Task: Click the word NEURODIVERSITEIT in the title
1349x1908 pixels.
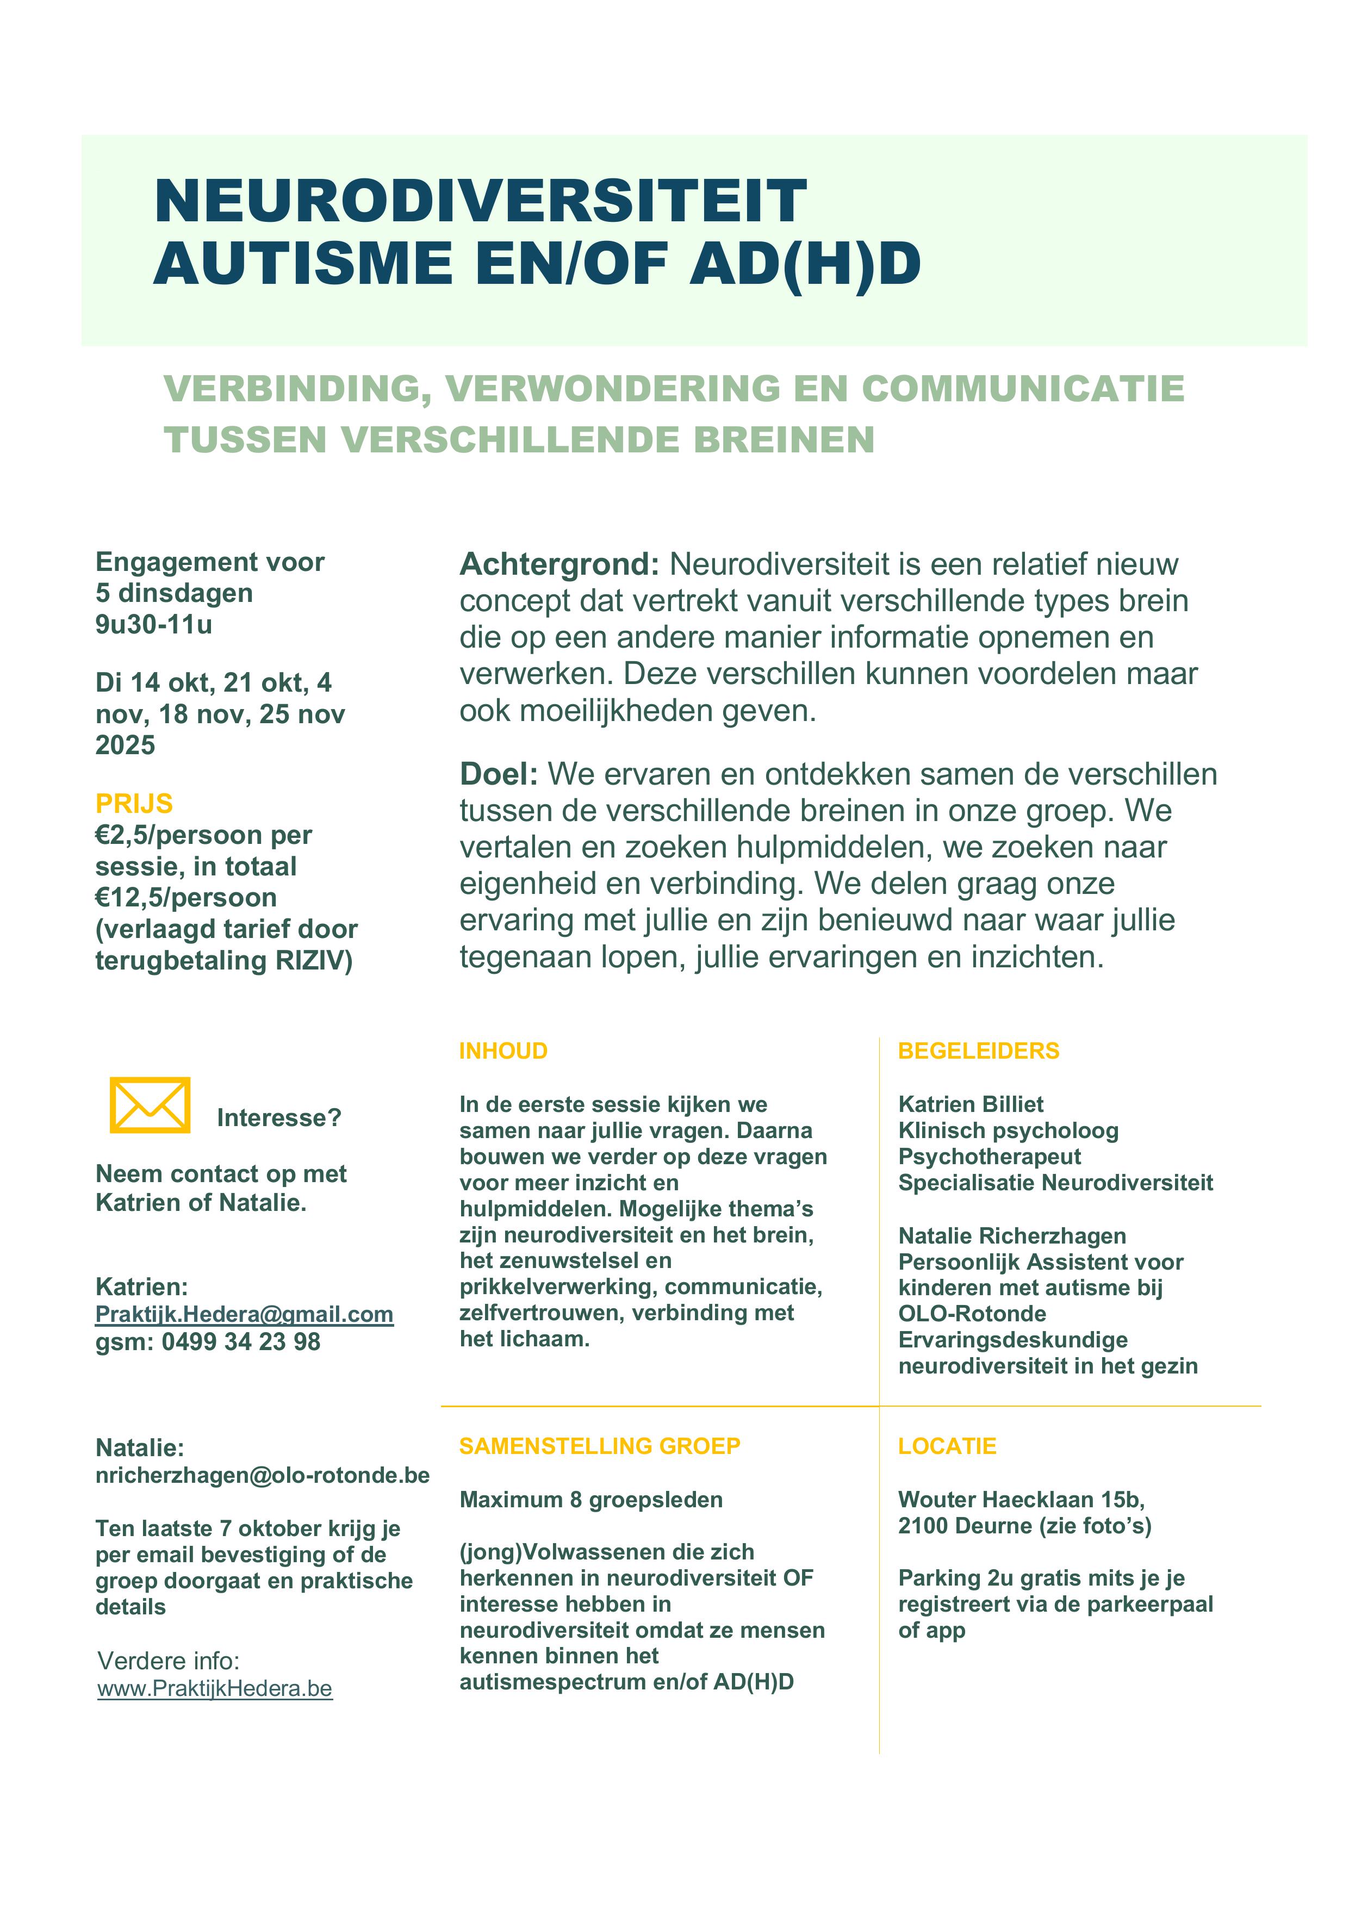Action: (481, 201)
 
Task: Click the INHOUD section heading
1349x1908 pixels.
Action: (503, 1051)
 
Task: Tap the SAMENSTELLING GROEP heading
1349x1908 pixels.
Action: (599, 1446)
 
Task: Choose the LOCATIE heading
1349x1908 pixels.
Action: (947, 1446)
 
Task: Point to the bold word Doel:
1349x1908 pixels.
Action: (499, 774)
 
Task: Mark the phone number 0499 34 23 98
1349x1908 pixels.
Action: (241, 1341)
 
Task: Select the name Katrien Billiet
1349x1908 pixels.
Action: (970, 1104)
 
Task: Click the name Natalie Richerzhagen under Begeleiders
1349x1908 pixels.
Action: (1011, 1236)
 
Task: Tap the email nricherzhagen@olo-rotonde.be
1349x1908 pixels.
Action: (263, 1475)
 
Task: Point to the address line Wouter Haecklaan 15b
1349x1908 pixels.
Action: (1021, 1499)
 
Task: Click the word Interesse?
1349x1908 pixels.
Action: (278, 1118)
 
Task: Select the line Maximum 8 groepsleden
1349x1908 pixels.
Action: (591, 1499)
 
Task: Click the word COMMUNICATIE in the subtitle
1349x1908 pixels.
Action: (1022, 389)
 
